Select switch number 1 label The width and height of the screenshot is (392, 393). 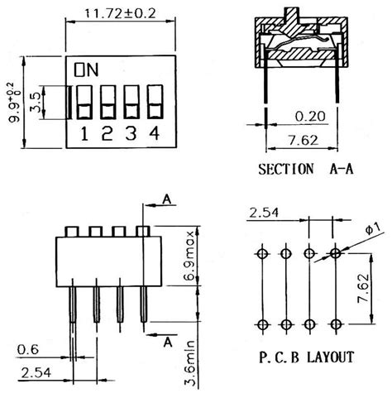click(85, 132)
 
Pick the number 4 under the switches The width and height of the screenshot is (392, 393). click(155, 132)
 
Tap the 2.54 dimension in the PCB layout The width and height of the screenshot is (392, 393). click(263, 213)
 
